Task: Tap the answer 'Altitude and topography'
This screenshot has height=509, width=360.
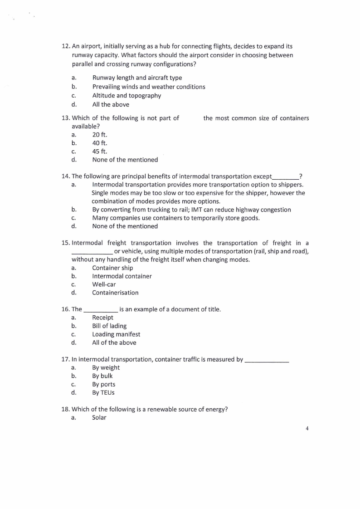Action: point(126,96)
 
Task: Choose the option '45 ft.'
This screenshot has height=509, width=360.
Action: point(100,152)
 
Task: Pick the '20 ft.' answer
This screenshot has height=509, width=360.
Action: point(100,135)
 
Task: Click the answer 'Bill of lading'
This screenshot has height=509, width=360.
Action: point(109,326)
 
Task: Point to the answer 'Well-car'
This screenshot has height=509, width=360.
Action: point(104,284)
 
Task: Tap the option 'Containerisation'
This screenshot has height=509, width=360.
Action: point(115,293)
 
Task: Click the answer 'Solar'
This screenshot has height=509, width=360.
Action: point(99,418)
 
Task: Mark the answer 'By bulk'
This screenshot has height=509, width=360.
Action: point(102,376)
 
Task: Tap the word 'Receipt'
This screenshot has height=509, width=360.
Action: point(102,318)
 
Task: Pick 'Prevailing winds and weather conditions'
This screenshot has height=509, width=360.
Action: point(149,87)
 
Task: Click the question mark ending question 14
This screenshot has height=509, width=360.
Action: point(301,176)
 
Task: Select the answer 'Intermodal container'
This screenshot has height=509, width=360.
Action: point(122,276)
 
